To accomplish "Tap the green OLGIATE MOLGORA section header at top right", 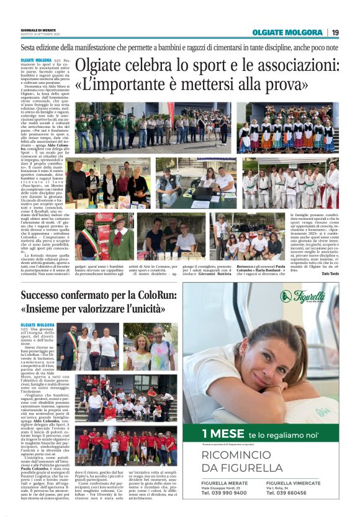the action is [288, 32].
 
